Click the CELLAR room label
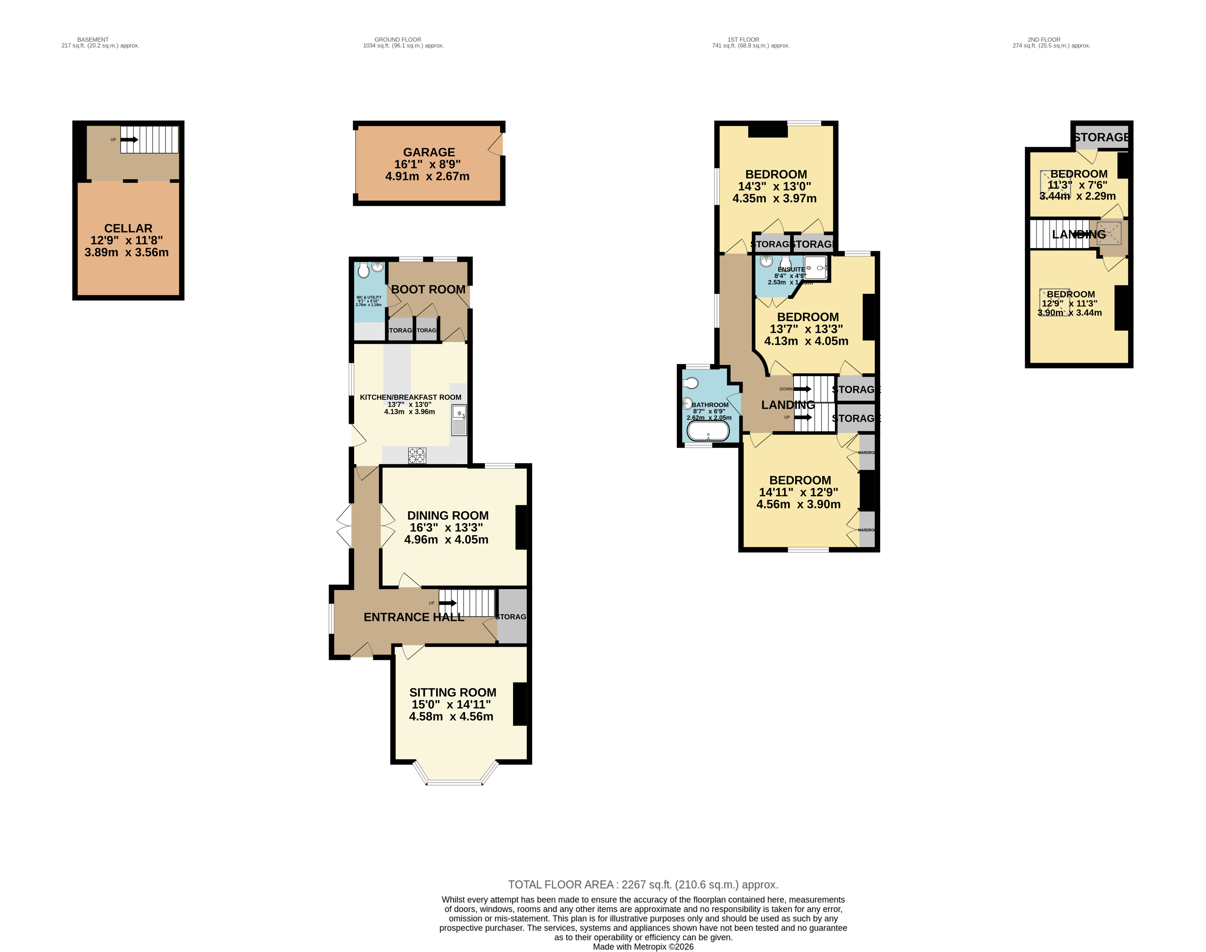(128, 228)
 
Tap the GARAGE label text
(428, 152)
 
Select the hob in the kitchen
(417, 456)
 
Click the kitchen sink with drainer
(459, 420)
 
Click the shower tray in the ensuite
(816, 268)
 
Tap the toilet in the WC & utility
(363, 271)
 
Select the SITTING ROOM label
(452, 692)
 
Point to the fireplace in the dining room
(521, 527)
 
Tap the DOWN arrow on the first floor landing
(802, 389)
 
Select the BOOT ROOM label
(428, 289)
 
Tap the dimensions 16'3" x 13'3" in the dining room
(446, 527)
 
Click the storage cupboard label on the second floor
(1101, 137)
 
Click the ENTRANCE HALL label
(413, 617)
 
